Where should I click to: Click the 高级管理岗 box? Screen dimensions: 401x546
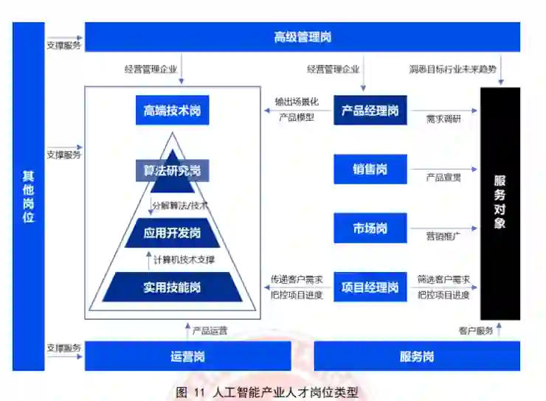tap(302, 37)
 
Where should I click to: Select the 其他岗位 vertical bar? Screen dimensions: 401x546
tap(28, 196)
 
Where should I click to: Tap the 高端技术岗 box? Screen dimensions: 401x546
tap(172, 111)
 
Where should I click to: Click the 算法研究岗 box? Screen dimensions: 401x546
tap(172, 172)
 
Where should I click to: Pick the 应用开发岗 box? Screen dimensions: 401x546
tap(172, 233)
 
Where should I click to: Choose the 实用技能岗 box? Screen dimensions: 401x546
tap(172, 287)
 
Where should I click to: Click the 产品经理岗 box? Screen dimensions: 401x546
tap(370, 110)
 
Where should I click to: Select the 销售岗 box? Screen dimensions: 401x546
tap(370, 170)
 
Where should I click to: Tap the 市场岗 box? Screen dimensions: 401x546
tap(370, 229)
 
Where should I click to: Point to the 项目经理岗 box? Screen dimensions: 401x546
tap(370, 287)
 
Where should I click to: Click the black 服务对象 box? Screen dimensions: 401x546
tap(500, 203)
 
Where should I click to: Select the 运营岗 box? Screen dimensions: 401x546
tap(187, 356)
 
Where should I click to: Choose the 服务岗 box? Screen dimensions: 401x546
tap(417, 356)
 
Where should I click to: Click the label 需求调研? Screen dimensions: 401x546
tap(443, 119)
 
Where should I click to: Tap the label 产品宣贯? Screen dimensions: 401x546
tap(443, 178)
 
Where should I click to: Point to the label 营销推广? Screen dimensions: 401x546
tap(443, 236)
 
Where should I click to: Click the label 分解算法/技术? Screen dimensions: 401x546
tap(180, 204)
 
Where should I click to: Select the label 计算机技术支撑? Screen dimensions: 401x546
tap(184, 259)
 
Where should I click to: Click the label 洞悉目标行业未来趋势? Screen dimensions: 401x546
tap(453, 70)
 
